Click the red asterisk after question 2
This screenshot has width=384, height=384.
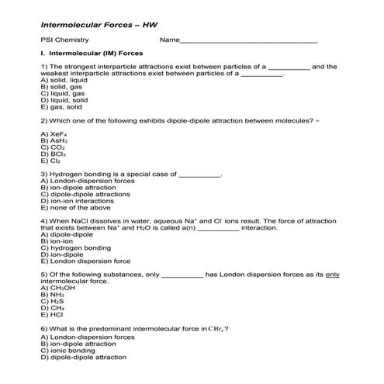point(318,121)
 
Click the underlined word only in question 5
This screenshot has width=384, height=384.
point(332,275)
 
